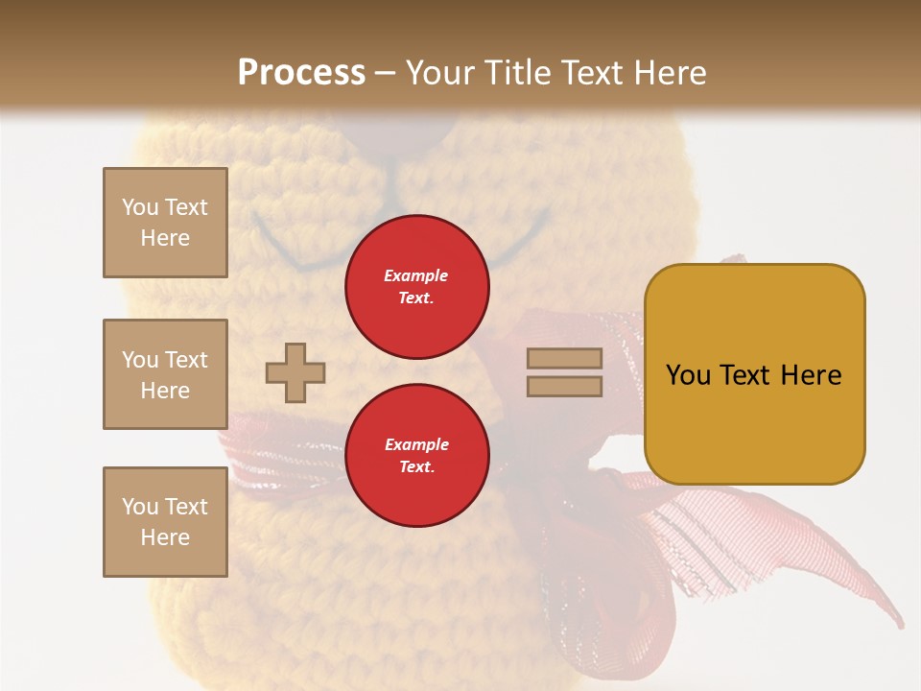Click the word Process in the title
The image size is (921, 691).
[x=301, y=72]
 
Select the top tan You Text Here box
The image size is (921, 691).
[x=165, y=223]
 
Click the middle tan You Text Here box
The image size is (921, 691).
[x=165, y=374]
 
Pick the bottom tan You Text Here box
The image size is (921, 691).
[x=165, y=522]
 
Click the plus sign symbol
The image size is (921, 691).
[x=295, y=373]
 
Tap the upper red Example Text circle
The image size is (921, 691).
[x=416, y=287]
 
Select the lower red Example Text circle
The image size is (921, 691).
[x=416, y=456]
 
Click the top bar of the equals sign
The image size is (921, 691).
[x=564, y=359]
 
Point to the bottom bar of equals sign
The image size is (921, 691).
[x=564, y=386]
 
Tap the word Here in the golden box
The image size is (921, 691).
[x=812, y=375]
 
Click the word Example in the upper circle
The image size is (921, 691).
[x=416, y=275]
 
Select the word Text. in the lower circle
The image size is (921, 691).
[x=416, y=467]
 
